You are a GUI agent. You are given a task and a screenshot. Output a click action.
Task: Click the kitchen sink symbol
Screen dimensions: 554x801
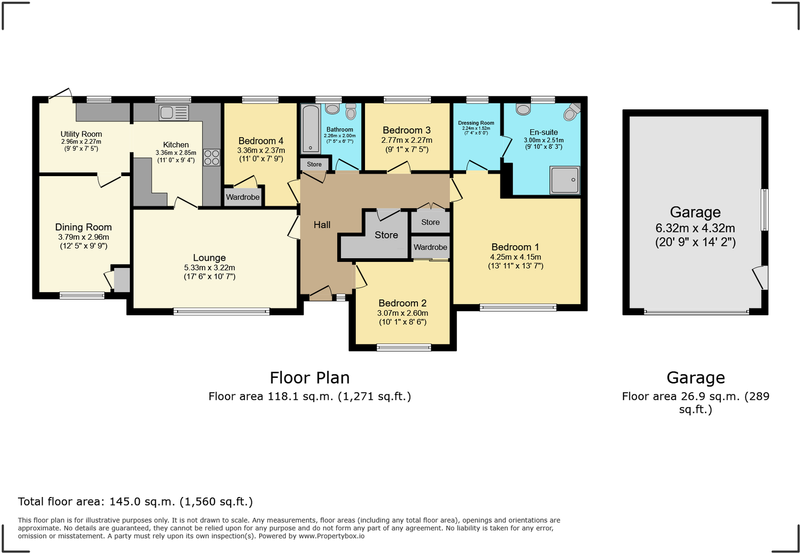(x=174, y=112)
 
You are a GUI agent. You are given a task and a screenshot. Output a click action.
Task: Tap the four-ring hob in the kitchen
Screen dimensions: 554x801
(x=212, y=157)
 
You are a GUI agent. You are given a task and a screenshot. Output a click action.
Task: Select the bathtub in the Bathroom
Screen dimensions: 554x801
(x=311, y=128)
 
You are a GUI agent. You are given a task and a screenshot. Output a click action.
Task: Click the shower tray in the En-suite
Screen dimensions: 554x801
(x=565, y=180)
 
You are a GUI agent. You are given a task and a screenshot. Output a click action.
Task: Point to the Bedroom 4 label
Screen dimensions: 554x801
(x=261, y=141)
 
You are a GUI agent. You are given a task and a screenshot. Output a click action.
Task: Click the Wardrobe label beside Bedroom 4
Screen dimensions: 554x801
(x=243, y=197)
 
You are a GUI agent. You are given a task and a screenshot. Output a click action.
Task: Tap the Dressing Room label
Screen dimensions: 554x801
(x=476, y=123)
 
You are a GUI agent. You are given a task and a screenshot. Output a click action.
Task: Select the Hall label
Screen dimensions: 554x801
(x=322, y=224)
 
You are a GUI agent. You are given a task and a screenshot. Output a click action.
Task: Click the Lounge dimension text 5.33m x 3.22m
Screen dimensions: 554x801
(x=209, y=268)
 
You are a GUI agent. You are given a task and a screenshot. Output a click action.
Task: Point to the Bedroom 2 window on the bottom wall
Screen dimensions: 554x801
(x=404, y=348)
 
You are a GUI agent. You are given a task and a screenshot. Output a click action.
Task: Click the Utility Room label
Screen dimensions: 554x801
(x=81, y=134)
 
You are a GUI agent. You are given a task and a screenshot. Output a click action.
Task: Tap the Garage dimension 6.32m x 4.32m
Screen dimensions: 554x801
(x=695, y=228)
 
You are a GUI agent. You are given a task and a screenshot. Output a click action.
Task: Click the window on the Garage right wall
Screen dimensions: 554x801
(x=765, y=209)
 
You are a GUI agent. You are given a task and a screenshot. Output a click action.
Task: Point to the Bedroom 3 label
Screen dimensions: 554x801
(x=407, y=130)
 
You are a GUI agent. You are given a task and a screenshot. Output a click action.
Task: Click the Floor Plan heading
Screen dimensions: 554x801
(x=310, y=378)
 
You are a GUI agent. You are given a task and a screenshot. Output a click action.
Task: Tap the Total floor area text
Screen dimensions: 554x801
(x=135, y=502)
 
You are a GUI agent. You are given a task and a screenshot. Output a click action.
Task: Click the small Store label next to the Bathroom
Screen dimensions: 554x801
(x=314, y=164)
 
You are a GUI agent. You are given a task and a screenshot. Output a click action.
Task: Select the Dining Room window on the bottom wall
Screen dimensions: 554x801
(x=82, y=295)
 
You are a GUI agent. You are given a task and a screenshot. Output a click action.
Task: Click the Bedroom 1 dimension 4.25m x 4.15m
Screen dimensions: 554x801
(x=516, y=257)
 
